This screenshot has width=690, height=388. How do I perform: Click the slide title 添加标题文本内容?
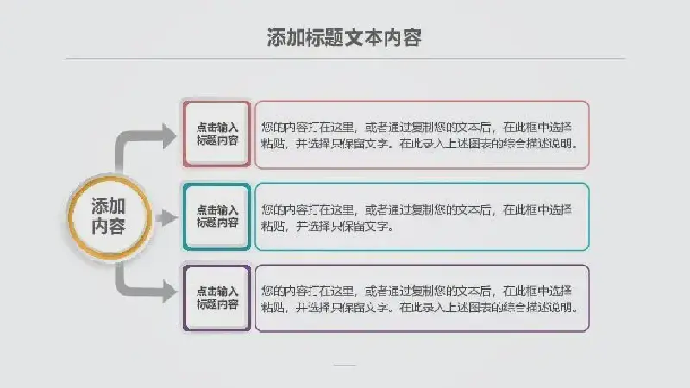pyautogui.click(x=344, y=37)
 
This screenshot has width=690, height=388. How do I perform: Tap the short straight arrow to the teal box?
pyautogui.click(x=166, y=217)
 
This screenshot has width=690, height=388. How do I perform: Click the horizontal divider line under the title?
pyautogui.click(x=345, y=58)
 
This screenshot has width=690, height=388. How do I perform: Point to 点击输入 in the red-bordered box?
pyautogui.click(x=217, y=128)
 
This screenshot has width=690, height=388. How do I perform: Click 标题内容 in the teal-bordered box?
pyautogui.click(x=217, y=223)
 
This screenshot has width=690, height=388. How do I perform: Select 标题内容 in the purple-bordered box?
pyautogui.click(x=217, y=304)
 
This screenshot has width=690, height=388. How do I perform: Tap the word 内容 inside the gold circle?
pyautogui.click(x=110, y=226)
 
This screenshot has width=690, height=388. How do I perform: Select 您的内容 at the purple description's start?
pyautogui.click(x=285, y=291)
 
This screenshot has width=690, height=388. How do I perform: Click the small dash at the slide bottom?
pyautogui.click(x=344, y=365)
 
